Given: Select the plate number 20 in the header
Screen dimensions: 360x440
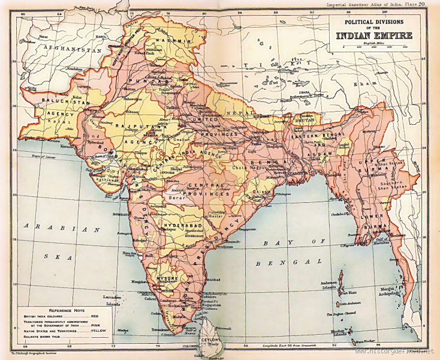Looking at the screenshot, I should coord(422,4).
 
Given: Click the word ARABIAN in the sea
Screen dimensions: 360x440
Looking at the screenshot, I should coord(57,229).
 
